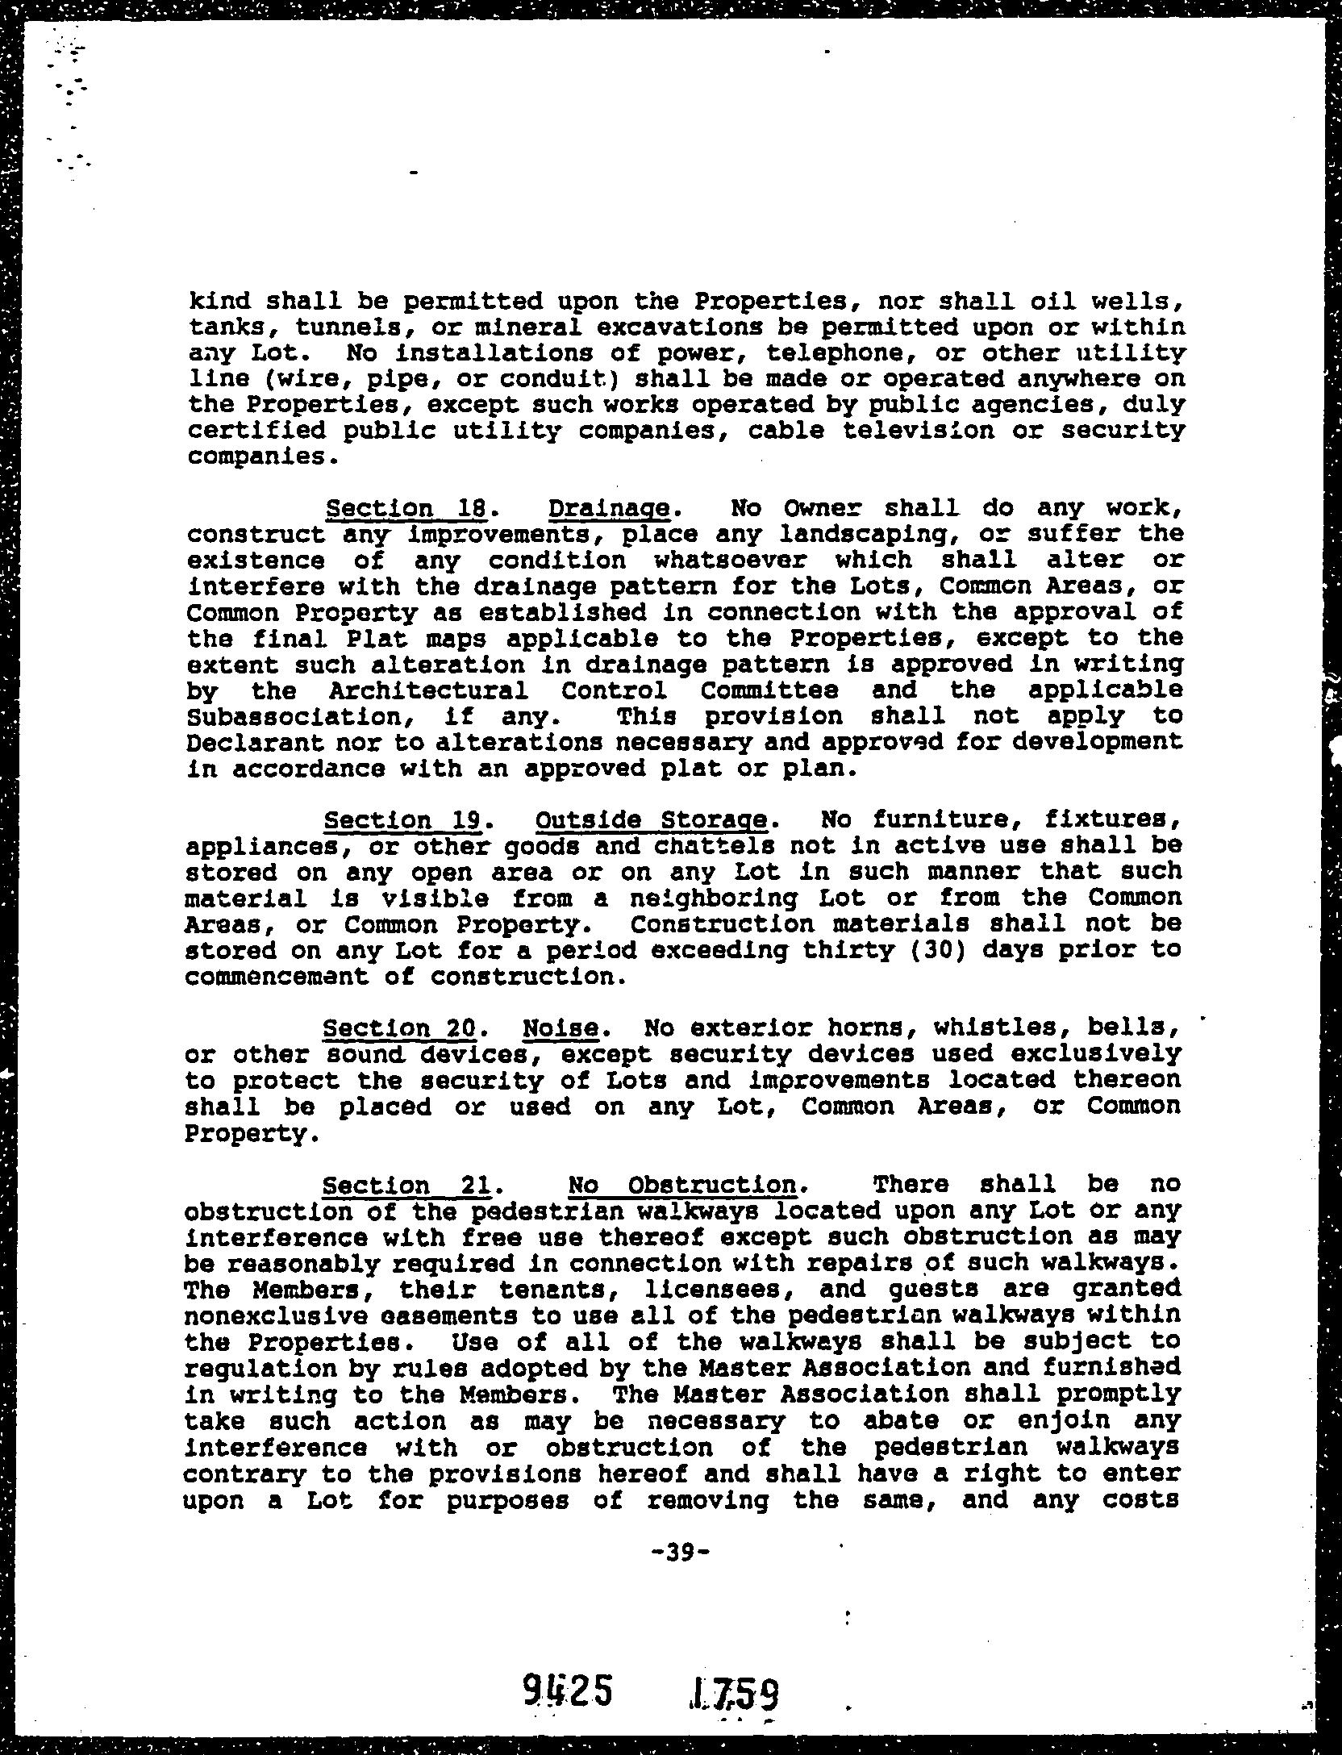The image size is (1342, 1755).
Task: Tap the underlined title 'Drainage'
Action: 609,509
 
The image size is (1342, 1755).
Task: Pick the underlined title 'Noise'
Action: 561,1028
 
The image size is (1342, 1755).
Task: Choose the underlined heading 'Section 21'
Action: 406,1185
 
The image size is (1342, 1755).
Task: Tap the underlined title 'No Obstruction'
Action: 682,1185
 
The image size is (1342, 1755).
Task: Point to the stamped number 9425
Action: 567,1686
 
